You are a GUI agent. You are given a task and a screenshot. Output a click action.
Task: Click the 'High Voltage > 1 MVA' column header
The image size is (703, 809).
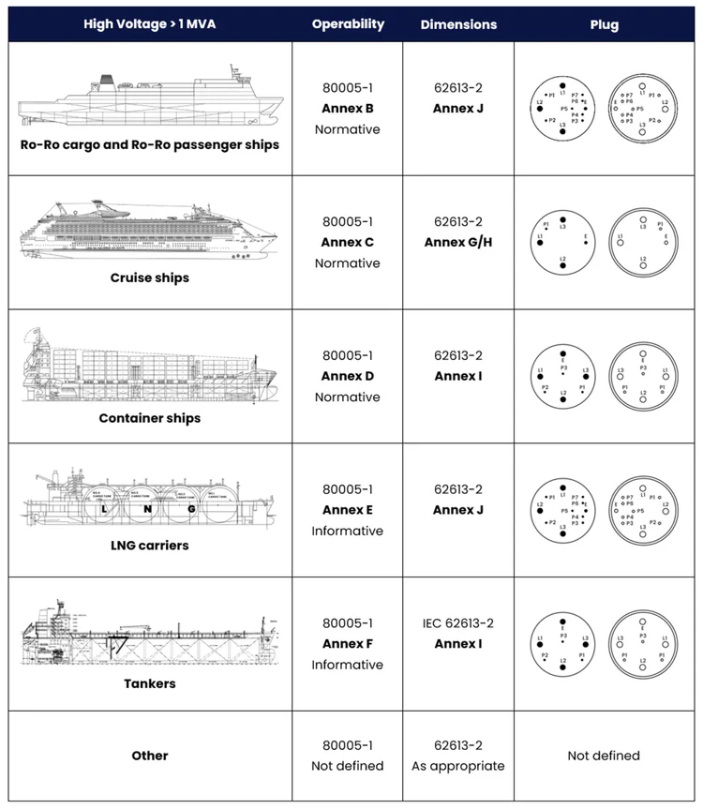(x=150, y=23)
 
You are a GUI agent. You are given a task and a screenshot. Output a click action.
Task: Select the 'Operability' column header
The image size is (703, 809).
(x=348, y=23)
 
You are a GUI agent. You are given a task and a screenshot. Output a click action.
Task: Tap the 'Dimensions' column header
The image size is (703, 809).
(x=458, y=23)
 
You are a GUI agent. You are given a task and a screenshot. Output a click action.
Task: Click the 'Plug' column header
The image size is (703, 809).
(x=605, y=24)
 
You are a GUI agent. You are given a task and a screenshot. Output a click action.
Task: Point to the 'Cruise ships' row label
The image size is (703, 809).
(x=150, y=277)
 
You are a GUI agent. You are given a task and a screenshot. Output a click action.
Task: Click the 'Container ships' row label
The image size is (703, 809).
(x=150, y=418)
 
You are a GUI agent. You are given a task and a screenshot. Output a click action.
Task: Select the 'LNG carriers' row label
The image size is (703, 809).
(x=150, y=545)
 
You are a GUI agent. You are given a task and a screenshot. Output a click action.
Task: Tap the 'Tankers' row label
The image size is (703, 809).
(x=150, y=683)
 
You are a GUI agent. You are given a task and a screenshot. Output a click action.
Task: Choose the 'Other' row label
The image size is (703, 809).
(x=150, y=756)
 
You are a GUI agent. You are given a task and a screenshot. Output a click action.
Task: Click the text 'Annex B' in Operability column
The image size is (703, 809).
(x=348, y=109)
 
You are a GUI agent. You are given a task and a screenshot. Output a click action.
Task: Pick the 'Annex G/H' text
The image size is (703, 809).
(x=458, y=243)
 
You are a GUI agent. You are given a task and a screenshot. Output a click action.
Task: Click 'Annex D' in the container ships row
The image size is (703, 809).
(x=348, y=377)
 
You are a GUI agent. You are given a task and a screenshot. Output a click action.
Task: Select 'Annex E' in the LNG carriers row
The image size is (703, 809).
(x=348, y=510)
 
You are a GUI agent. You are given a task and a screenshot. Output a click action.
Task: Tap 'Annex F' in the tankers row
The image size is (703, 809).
(x=348, y=644)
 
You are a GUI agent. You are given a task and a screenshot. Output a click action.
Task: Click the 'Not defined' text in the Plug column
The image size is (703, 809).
(x=605, y=756)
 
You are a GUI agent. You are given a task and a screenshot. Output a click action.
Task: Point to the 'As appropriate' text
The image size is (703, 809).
(x=458, y=766)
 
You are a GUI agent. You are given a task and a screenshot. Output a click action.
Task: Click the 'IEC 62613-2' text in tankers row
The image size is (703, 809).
(x=458, y=623)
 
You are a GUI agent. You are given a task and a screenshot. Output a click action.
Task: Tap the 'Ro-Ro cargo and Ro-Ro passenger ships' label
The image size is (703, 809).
(x=150, y=145)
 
